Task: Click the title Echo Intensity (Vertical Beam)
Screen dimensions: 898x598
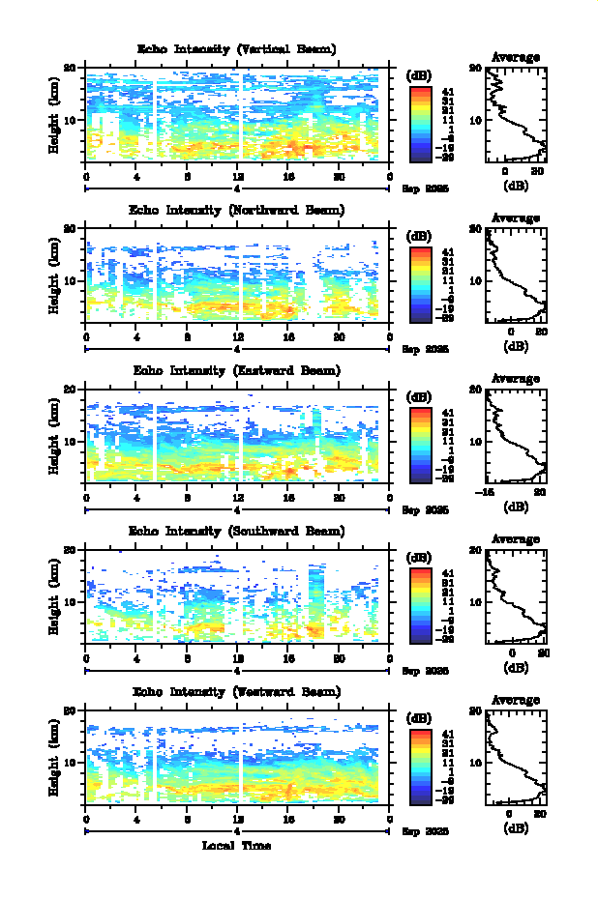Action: [x=237, y=49]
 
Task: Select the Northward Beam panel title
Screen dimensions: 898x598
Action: [x=237, y=210]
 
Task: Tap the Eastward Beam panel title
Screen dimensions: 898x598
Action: [x=237, y=370]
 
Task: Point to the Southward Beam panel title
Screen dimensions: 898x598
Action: [x=237, y=531]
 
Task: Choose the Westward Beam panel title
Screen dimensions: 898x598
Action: [x=237, y=691]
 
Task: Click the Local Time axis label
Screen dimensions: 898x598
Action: [x=236, y=846]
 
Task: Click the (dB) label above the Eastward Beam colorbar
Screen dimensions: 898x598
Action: [x=419, y=396]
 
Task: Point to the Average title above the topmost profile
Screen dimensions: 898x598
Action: [x=516, y=57]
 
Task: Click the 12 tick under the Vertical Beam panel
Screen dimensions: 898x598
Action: [x=238, y=177]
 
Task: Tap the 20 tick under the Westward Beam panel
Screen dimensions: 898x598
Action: [x=339, y=819]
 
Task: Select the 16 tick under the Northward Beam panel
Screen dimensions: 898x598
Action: [x=288, y=337]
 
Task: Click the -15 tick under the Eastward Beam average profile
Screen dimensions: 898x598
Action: [x=489, y=492]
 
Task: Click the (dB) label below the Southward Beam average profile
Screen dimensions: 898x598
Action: [x=516, y=667]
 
